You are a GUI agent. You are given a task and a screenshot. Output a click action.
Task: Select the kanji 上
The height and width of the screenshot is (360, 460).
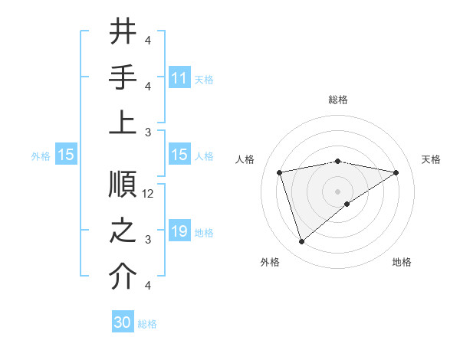coord(123,122)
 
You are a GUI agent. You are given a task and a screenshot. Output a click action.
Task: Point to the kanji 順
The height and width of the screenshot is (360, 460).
coord(123,184)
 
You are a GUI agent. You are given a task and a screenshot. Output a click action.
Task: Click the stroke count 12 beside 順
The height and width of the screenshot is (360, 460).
coord(149,194)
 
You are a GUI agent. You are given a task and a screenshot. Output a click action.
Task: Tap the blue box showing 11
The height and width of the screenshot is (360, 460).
coord(179,78)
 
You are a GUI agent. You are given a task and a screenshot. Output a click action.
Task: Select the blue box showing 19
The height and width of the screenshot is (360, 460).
coord(179,232)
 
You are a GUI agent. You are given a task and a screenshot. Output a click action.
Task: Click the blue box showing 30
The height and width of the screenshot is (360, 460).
coord(123,322)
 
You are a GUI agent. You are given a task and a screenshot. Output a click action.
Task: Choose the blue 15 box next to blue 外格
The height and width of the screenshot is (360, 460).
coord(66,155)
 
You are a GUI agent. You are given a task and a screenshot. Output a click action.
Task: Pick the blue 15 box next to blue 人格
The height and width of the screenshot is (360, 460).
coord(179,155)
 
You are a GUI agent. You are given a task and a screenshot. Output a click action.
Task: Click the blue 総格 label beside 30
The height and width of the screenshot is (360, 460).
coord(147,324)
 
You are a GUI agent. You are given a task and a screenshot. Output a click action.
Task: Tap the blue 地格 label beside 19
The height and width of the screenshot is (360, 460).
coord(204,233)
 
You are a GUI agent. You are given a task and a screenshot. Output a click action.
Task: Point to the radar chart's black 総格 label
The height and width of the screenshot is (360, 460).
coord(337,100)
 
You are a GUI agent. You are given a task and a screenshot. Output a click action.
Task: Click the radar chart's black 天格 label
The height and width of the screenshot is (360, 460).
coord(431,159)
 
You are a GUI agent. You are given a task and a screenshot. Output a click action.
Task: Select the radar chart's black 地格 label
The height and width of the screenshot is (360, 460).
coord(402,262)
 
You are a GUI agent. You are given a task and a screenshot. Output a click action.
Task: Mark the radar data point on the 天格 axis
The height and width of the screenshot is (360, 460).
coord(396,172)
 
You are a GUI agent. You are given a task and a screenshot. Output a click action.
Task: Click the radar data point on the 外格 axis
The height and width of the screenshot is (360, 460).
coord(301,242)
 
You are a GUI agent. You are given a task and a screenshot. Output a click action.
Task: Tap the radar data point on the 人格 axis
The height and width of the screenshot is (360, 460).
coord(280,172)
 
